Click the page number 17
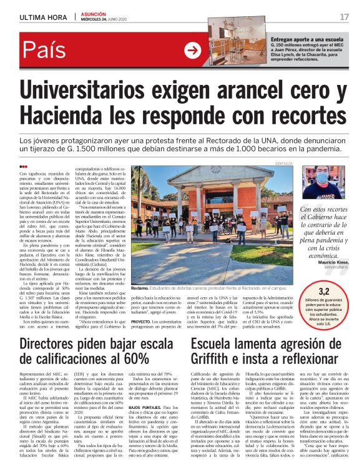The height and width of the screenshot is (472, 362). (344, 17)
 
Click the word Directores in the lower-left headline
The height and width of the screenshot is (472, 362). (52, 343)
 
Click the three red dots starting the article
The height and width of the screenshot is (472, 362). (23, 165)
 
